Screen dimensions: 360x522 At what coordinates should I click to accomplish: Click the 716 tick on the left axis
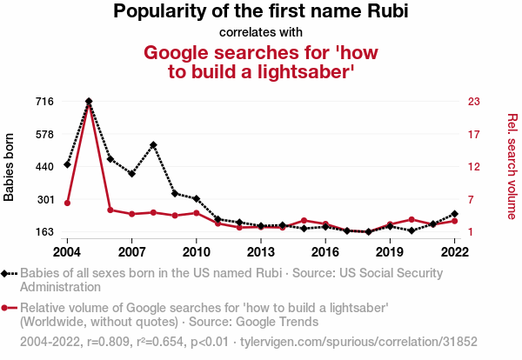click(43, 102)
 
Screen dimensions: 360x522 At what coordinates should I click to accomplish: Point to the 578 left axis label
click(43, 135)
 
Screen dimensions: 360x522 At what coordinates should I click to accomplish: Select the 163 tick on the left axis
click(43, 232)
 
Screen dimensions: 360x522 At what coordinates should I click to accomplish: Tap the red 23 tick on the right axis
click(473, 102)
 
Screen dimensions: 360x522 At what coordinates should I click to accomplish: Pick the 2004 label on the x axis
click(67, 251)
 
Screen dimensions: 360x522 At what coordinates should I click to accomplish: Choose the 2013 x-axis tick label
click(260, 251)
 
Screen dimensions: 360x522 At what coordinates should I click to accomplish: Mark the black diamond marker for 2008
click(153, 145)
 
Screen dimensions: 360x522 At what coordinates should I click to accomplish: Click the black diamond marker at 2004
click(67, 164)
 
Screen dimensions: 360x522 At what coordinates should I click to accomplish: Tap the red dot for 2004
click(67, 203)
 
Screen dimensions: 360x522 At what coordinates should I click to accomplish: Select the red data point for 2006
click(110, 210)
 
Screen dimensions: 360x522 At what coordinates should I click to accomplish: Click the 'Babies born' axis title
click(10, 167)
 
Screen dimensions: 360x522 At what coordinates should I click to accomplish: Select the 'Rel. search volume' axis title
click(512, 166)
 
